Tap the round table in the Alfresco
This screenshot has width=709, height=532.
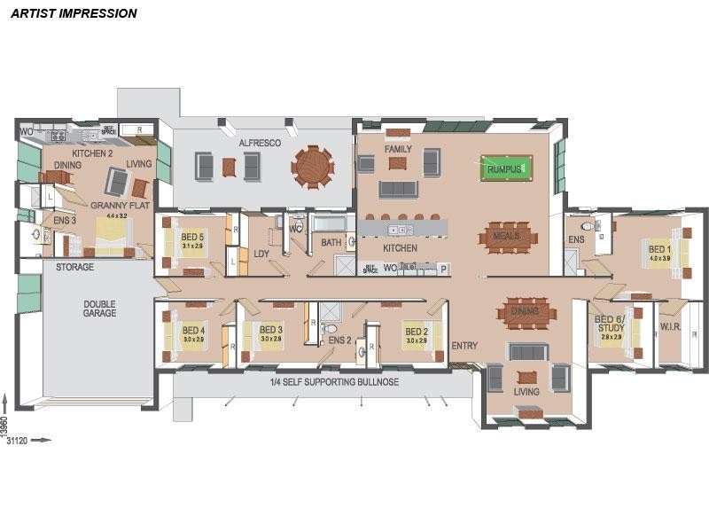point(313,167)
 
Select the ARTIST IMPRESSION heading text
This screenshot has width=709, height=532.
point(74,13)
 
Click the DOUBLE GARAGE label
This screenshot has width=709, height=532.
point(99,308)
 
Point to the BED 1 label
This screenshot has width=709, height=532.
point(658,249)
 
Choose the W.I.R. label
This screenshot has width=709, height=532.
point(671,327)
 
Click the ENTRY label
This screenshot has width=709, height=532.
point(464,346)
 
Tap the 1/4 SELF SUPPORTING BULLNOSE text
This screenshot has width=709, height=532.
point(334,382)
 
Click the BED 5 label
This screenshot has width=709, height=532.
point(192,238)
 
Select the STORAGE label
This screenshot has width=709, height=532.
point(74,267)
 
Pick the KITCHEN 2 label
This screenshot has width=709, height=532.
point(92,153)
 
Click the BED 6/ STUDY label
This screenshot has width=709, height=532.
point(610,324)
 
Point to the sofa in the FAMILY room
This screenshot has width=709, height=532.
point(398,189)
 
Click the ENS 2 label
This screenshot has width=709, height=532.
point(340,340)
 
